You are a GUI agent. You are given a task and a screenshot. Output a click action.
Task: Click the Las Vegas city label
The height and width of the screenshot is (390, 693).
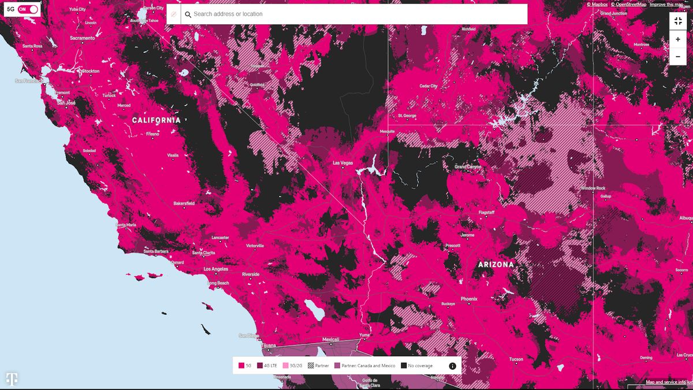click(342, 163)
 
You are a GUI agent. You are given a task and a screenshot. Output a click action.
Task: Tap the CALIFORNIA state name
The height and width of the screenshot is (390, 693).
click(156, 120)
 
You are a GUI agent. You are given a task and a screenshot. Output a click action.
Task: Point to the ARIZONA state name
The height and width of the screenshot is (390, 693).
click(495, 265)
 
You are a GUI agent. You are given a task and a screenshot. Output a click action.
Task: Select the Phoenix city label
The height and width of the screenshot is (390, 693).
click(469, 299)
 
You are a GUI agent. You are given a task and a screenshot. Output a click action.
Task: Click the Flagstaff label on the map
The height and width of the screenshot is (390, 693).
click(487, 213)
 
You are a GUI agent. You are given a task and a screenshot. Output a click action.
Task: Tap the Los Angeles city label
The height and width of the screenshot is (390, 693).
click(216, 269)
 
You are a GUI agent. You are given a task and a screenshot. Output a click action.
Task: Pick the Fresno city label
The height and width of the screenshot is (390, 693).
click(152, 134)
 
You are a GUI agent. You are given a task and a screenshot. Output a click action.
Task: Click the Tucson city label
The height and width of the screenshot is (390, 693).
click(516, 359)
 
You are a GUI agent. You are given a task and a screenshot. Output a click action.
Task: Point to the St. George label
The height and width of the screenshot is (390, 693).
click(407, 116)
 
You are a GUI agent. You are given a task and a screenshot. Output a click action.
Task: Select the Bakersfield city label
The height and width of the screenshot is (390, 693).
click(184, 203)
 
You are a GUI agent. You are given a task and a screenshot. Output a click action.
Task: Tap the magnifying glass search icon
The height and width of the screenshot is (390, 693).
click(188, 14)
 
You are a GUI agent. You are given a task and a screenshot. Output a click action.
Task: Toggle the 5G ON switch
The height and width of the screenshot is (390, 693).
click(28, 9)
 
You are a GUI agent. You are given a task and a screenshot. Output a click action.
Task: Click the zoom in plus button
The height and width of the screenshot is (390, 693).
click(678, 39)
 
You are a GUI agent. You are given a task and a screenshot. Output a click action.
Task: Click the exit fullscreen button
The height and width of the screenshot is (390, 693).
click(678, 21)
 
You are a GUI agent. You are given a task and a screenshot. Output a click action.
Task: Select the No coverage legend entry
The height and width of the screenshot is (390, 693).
click(417, 366)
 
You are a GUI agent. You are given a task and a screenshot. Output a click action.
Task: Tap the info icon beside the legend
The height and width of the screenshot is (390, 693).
click(452, 366)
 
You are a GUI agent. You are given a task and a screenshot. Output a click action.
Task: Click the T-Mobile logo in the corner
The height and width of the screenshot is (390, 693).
click(12, 378)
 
